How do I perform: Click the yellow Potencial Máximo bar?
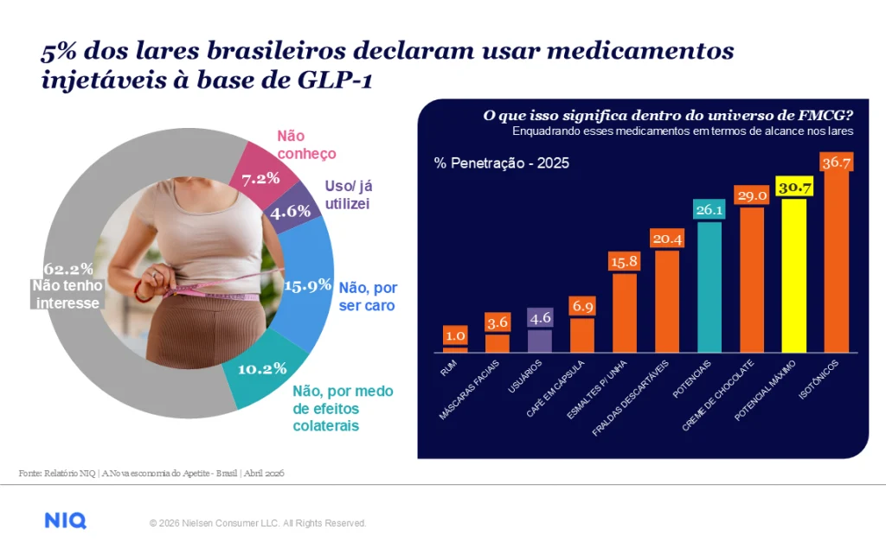point(794,276)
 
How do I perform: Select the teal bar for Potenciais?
point(709,287)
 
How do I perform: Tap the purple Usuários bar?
point(540,341)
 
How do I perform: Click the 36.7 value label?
point(837,162)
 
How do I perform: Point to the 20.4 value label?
point(667,239)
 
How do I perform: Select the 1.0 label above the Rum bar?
point(455,336)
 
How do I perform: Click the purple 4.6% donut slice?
point(292,210)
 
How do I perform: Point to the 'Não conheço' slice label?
point(306,144)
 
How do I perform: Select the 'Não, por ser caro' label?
point(368,297)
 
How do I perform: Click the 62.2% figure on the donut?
point(68,268)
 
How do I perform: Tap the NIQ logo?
point(66,520)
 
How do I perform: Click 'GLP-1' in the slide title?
point(335,80)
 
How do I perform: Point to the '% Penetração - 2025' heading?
point(501,163)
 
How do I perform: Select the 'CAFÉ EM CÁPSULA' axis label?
point(555,389)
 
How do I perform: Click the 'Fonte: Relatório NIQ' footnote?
point(57,473)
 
